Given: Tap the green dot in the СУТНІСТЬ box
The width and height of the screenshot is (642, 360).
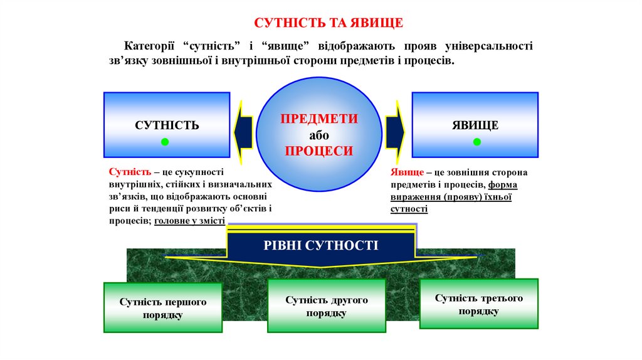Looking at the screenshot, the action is coord(165,142).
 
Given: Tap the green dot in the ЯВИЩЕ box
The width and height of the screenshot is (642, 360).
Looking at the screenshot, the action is coord(476,142).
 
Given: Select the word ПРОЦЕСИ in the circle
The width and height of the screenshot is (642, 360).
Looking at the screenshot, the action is coord(318,151).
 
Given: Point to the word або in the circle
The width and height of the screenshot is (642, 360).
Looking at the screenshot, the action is coord(318,135).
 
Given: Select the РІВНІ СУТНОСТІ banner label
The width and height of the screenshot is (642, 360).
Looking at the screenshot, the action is coord(320,245).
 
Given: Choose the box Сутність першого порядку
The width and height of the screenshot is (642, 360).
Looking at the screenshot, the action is coord(162,307).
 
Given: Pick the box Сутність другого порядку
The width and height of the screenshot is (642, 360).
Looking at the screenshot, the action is coord(326,305).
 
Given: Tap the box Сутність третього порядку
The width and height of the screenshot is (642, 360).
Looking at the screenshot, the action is coord(478,304).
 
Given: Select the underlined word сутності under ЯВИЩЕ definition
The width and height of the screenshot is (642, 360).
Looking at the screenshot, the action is coord(409,209).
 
